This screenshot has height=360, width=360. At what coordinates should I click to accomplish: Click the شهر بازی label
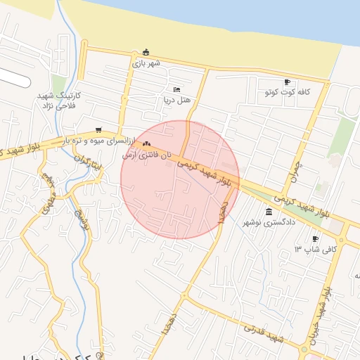(146, 63)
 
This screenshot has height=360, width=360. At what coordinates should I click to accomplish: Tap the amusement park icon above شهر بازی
(146, 52)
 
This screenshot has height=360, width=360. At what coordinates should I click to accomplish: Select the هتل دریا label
(176, 101)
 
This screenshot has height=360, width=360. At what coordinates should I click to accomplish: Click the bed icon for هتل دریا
(176, 89)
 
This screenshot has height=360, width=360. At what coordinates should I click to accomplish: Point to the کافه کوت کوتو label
(288, 93)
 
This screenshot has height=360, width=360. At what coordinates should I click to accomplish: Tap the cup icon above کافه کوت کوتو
(287, 82)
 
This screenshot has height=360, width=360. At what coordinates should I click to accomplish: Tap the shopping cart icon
(98, 130)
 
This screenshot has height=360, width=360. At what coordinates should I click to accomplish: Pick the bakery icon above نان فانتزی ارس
(146, 144)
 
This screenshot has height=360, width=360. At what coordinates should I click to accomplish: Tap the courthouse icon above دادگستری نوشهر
(269, 212)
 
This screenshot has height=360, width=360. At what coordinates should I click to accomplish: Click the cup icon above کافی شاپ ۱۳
(316, 239)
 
